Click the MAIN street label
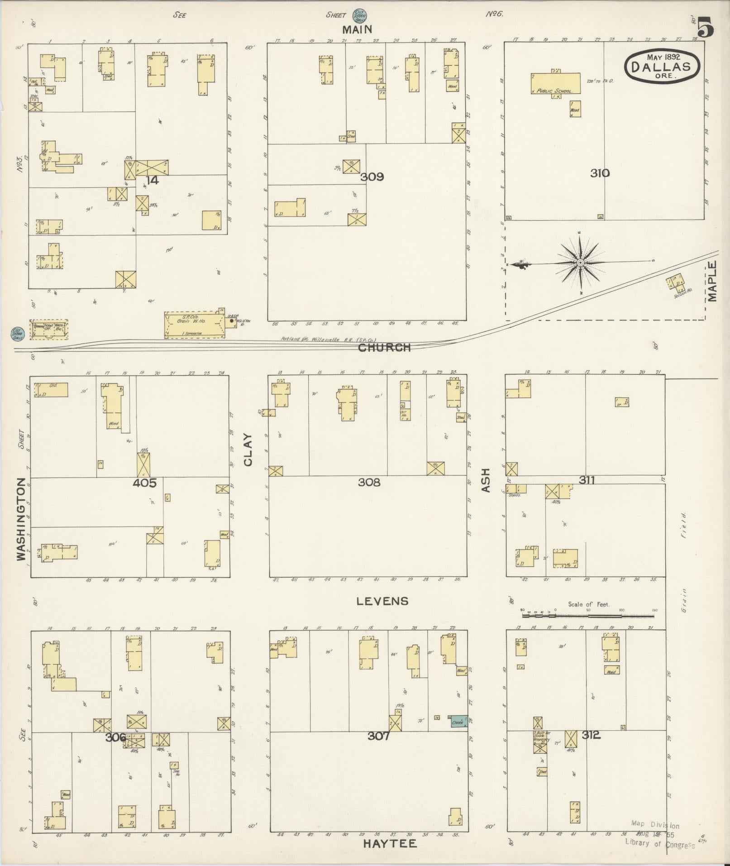click(x=357, y=30)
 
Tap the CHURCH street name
click(x=384, y=348)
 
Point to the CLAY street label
click(x=248, y=450)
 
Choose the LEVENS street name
click(x=382, y=601)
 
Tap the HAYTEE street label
click(x=390, y=844)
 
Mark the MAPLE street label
click(x=713, y=281)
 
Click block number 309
click(x=372, y=177)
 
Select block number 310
click(x=600, y=173)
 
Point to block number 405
click(x=144, y=483)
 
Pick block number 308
click(x=369, y=483)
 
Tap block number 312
click(x=591, y=735)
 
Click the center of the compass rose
click(x=580, y=263)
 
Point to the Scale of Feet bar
click(x=588, y=616)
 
